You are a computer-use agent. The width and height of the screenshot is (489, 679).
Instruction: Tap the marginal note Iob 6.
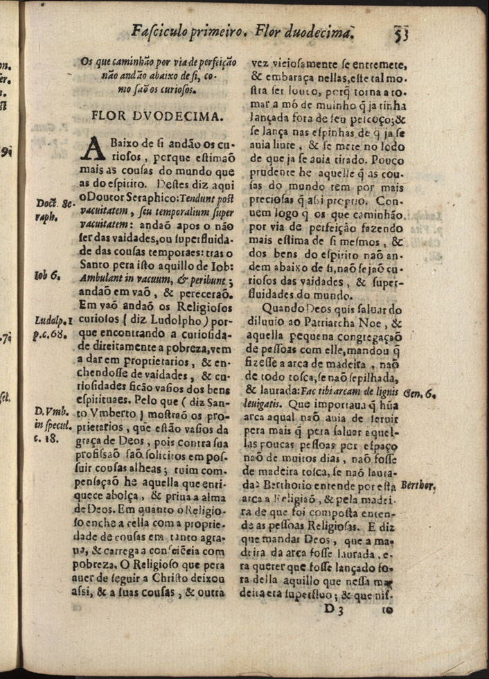(x=48, y=274)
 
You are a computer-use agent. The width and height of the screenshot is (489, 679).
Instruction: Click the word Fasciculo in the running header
(x=161, y=31)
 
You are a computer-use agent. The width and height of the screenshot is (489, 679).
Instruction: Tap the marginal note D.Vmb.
(x=50, y=412)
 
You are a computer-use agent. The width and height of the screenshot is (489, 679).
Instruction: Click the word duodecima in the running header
(x=313, y=31)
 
